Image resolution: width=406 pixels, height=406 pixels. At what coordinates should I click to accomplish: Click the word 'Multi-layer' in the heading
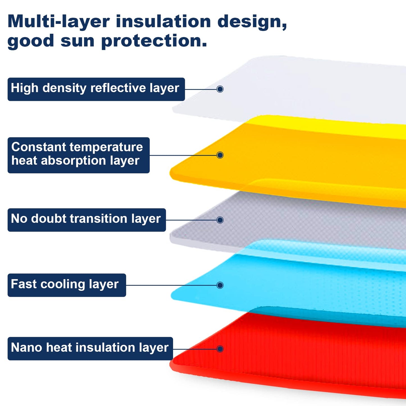coord(58,22)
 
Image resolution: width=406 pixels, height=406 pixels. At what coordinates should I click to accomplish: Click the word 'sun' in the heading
coord(77,42)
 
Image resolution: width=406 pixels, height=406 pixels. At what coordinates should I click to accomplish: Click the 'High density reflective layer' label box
coord(96,89)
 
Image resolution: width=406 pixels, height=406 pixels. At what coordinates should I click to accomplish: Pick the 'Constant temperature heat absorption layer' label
coord(79,155)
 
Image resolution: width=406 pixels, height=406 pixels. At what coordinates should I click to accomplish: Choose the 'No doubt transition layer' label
coord(87,220)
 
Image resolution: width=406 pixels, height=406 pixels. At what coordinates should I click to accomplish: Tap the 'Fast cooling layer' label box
coord(67,285)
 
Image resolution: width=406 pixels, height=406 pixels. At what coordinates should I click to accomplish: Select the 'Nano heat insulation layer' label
coord(90,349)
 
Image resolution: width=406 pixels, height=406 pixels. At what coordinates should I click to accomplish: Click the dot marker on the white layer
coord(220,89)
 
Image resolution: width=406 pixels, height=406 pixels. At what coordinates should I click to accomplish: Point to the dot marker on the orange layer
coord(220,155)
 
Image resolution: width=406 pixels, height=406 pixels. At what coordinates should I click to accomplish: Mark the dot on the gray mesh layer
coord(220,220)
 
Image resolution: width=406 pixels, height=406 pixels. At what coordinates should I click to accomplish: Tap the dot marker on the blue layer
coord(220,285)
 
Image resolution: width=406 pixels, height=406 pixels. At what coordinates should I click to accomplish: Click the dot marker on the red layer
coord(220,349)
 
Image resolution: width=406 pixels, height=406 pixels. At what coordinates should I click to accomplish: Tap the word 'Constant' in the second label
coord(39,147)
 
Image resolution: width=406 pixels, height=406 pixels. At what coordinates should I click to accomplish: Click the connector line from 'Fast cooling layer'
coord(171,285)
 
